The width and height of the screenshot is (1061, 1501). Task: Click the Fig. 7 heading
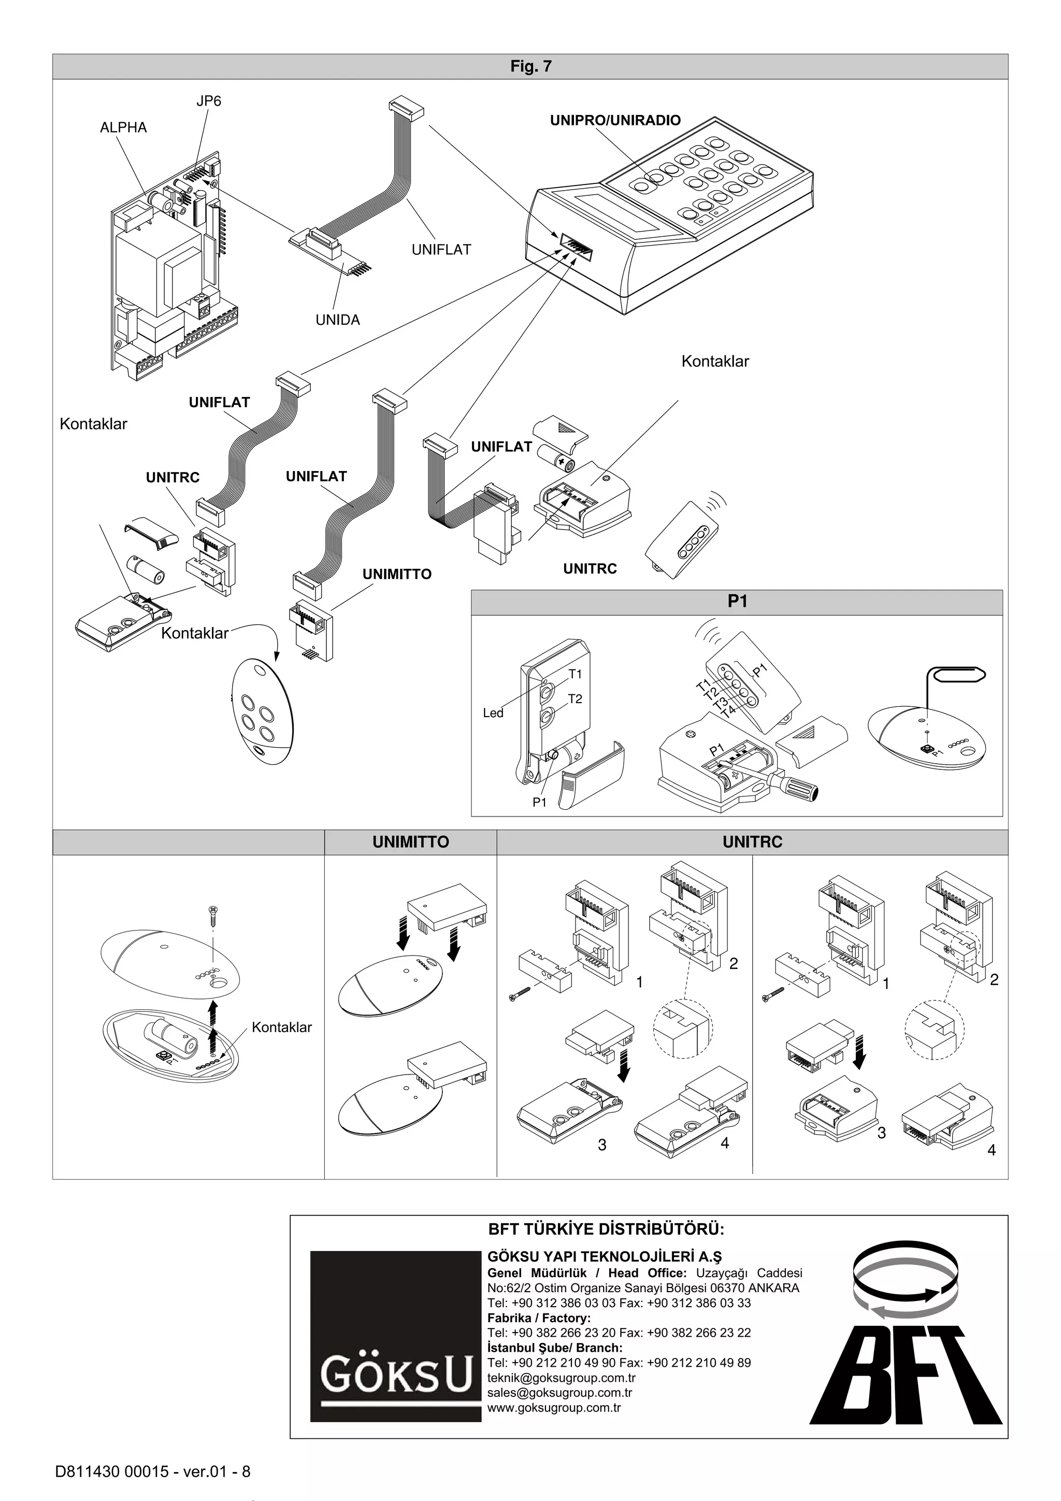click(530, 66)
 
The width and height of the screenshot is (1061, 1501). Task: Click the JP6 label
click(209, 101)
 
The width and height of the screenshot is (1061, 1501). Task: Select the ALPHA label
click(123, 127)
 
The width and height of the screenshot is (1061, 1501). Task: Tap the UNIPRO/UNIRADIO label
click(614, 120)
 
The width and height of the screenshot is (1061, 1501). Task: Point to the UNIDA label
click(337, 320)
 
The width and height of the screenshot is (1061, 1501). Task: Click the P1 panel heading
click(737, 602)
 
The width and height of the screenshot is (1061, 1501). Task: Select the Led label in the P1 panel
click(493, 713)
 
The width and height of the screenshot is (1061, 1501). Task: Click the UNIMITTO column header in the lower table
click(410, 842)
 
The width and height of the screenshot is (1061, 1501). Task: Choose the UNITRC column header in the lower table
click(752, 842)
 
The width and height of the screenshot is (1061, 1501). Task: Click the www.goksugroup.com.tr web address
click(554, 1408)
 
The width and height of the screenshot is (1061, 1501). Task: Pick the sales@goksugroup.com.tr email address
click(560, 1393)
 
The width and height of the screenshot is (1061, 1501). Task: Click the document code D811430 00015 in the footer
click(123, 1471)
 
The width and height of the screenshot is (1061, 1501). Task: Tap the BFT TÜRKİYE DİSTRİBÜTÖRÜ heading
click(606, 1229)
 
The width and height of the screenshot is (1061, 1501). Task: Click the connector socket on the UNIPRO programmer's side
click(575, 244)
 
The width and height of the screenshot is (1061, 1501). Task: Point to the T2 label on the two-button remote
click(575, 699)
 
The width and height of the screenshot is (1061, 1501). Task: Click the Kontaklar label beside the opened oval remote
click(281, 1027)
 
